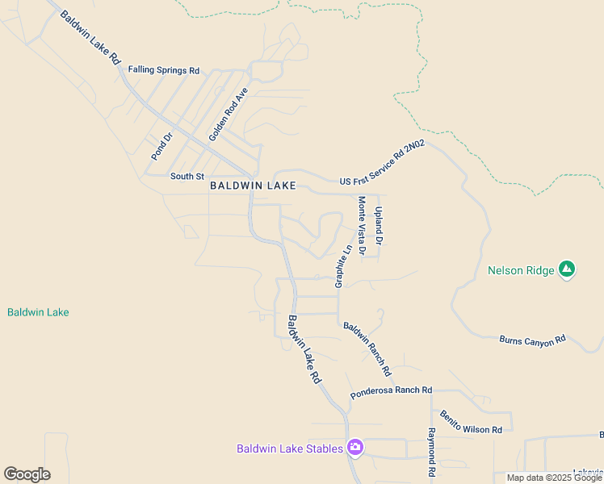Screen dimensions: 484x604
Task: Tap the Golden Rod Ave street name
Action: (x=228, y=115)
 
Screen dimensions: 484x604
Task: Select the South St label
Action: (x=187, y=176)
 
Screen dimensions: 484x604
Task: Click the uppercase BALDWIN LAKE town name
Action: (x=253, y=186)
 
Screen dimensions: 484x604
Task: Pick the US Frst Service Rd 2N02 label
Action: (x=382, y=163)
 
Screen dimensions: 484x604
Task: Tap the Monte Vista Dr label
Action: (x=362, y=226)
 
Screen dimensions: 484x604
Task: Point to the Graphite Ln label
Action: (x=344, y=266)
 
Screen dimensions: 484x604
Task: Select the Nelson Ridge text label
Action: (x=521, y=270)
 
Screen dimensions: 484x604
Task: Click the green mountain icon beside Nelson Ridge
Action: (x=567, y=269)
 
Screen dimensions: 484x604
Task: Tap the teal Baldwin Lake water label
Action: (x=38, y=312)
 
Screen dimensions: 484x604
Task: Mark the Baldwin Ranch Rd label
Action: (x=367, y=349)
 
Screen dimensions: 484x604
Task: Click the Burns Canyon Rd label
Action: (x=533, y=341)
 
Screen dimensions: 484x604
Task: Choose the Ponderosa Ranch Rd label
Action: (x=392, y=392)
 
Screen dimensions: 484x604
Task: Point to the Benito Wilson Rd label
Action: (x=471, y=422)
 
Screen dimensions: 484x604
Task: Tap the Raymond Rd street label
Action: (x=432, y=452)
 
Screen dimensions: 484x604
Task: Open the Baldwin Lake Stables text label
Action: (x=290, y=449)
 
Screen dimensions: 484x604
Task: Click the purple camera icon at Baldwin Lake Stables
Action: (x=354, y=447)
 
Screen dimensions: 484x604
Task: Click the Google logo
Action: (x=27, y=474)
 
